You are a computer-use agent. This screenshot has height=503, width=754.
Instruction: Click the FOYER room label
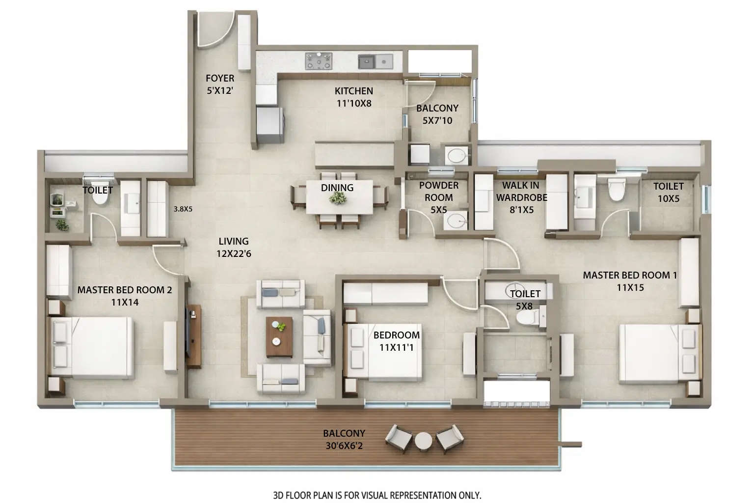[x=219, y=84]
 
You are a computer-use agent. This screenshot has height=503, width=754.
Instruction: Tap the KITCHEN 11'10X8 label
[x=353, y=97]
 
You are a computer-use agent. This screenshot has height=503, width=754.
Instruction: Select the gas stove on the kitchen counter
[x=319, y=61]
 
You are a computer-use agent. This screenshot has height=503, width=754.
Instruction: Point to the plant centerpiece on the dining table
[x=338, y=197]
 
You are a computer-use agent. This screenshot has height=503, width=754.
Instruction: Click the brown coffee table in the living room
[x=279, y=336]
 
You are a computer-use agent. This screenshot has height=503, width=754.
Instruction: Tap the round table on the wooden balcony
[x=423, y=441]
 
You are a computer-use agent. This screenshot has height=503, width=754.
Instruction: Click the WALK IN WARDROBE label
[x=521, y=197]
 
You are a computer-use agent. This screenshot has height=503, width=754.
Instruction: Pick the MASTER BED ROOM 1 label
[x=630, y=281]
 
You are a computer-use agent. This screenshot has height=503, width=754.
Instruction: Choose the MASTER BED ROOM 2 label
[x=125, y=296]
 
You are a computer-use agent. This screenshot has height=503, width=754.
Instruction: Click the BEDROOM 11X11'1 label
[x=396, y=341]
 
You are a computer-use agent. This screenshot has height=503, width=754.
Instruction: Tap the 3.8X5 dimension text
[x=183, y=209]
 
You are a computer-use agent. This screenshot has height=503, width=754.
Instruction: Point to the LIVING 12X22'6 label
[x=234, y=247]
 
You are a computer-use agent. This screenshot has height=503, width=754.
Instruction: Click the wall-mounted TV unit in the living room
[x=193, y=336]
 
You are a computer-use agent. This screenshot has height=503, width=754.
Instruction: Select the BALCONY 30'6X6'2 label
[x=344, y=440]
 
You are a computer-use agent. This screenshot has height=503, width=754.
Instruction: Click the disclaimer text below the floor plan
[x=377, y=495]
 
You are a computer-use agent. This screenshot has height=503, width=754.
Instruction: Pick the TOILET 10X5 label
[x=668, y=192]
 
